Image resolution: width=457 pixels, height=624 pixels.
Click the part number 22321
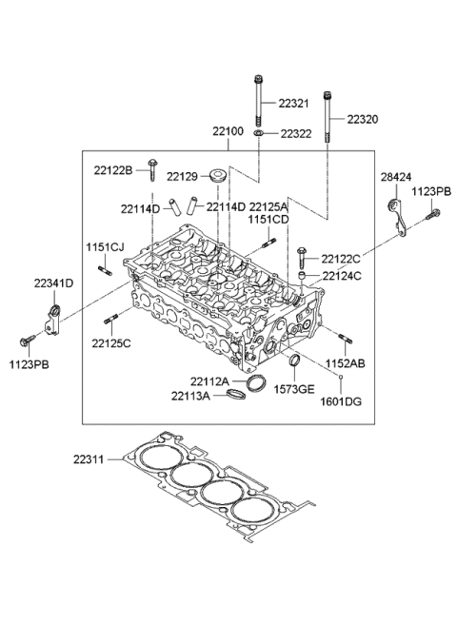point(295,103)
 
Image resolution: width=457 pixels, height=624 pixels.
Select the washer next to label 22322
point(259,135)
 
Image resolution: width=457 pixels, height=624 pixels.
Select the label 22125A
point(268,206)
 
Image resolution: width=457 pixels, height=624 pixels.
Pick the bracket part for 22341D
point(55,317)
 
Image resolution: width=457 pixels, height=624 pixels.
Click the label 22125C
point(110,342)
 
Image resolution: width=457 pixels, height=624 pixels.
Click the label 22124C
point(340,276)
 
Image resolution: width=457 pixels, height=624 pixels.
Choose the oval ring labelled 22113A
point(232,394)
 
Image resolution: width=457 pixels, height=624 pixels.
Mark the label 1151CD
point(268,220)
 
